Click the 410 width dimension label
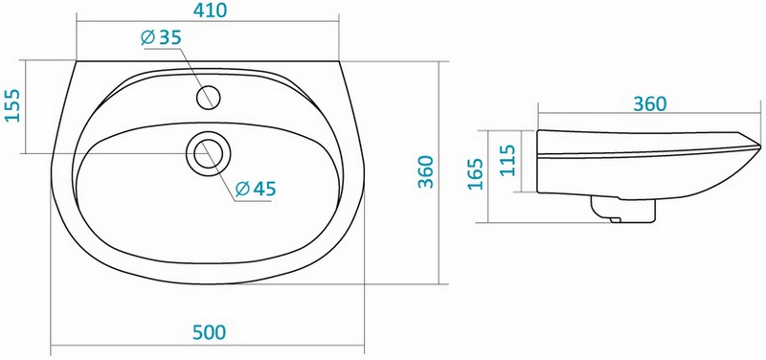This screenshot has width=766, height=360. [x=210, y=10]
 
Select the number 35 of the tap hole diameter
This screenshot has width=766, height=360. [x=169, y=37]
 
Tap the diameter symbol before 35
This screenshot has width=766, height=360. [x=148, y=37]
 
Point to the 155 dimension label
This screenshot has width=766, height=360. [x=12, y=105]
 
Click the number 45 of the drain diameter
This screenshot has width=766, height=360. [x=264, y=189]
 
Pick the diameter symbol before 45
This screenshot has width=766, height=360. [x=243, y=189]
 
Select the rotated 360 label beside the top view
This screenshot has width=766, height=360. [x=426, y=172]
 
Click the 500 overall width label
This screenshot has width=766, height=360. [x=209, y=332]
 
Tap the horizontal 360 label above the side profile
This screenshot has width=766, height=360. [x=650, y=104]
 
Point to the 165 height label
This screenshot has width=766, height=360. [x=476, y=174]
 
